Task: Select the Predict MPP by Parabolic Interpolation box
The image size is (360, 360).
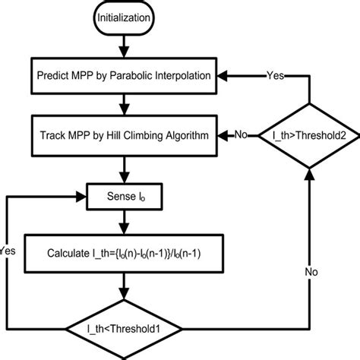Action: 124,76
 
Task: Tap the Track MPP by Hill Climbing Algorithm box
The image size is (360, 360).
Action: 124,136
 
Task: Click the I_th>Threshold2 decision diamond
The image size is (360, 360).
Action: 308,136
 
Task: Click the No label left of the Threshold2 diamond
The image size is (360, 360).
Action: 241,136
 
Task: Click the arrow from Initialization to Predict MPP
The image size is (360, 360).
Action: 124,51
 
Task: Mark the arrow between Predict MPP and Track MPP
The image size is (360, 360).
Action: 124,106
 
